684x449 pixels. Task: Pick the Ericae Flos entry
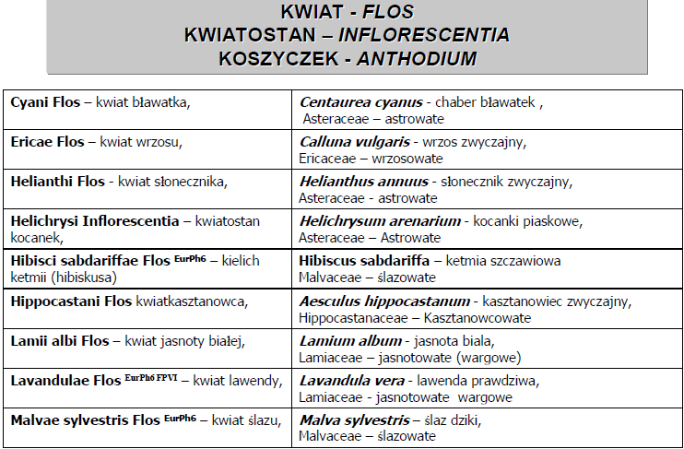pyautogui.click(x=46, y=142)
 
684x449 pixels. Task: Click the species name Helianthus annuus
pyautogui.click(x=363, y=182)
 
